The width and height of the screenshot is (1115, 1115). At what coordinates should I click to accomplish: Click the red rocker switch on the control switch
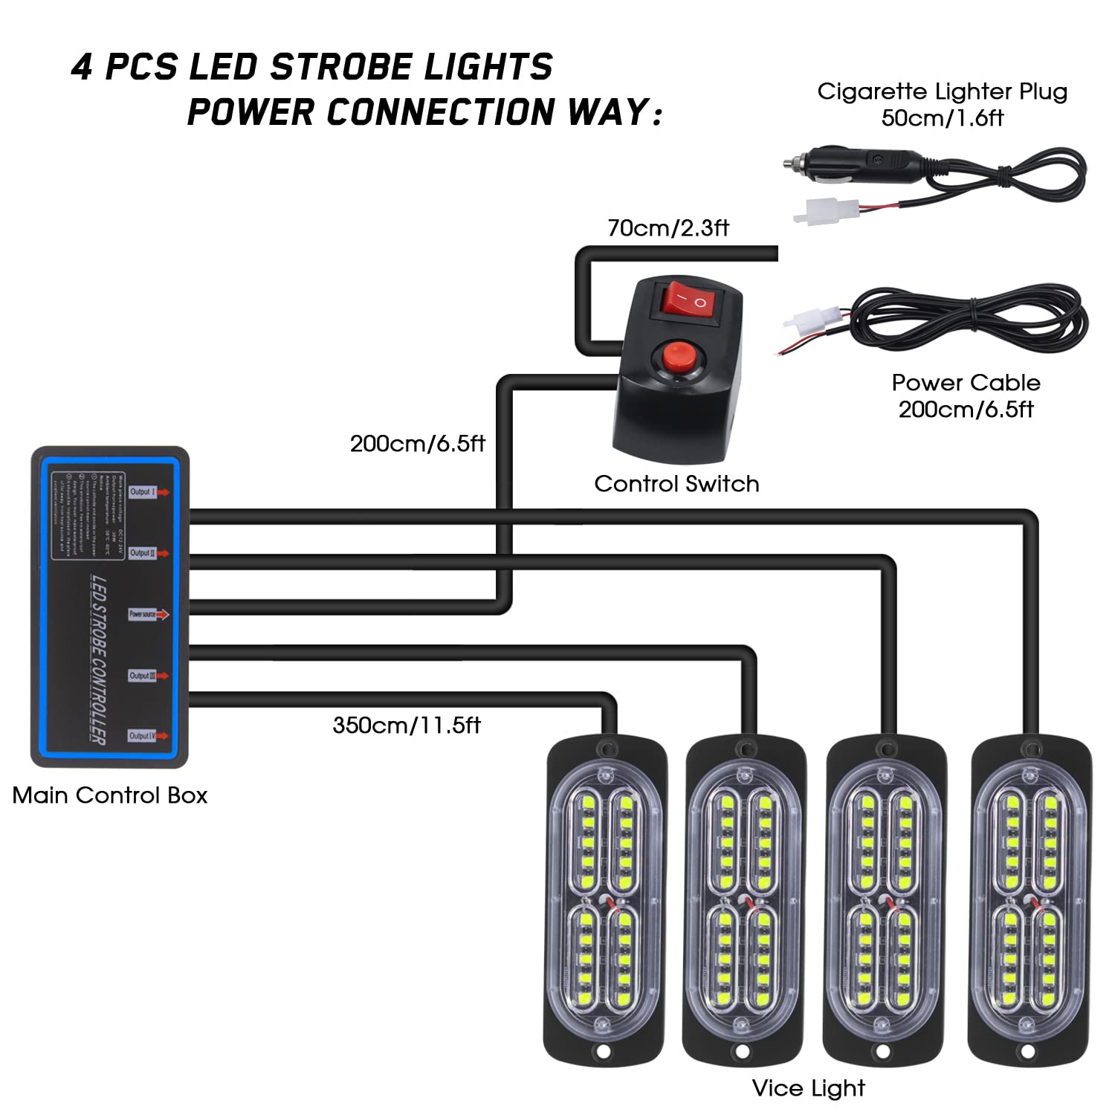pos(687,300)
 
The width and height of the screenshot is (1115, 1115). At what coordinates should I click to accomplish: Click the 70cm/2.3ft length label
pos(668,227)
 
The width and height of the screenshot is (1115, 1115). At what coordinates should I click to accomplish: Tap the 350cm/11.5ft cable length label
pos(407,725)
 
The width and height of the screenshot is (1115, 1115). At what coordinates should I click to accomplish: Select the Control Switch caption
pos(676,484)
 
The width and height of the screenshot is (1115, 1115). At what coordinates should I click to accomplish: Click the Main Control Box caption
pos(110,795)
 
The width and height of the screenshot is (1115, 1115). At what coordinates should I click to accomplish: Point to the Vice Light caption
pos(808,1088)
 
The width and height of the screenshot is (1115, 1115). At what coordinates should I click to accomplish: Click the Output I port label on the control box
pos(143,492)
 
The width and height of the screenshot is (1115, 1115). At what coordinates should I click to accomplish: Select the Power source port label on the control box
pos(143,614)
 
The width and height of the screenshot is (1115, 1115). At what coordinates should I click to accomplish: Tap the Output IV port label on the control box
pos(142,736)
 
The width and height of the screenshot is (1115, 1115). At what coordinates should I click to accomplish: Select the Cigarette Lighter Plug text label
pos(942,91)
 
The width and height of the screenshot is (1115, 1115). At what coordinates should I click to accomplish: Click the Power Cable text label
pos(966,383)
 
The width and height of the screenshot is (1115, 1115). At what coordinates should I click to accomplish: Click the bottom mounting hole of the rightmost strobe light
pos(1027,1052)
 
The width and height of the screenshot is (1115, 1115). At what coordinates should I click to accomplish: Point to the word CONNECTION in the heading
pos(441,112)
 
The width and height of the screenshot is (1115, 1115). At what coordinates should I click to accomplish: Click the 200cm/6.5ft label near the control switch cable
pos(417,444)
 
